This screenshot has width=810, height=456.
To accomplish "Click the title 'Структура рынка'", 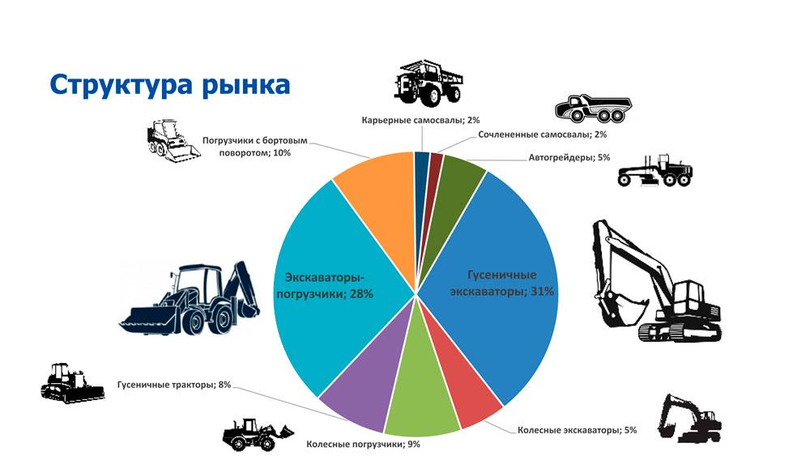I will pos(169,84).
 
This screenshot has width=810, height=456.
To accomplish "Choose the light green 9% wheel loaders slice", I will pos(421,409).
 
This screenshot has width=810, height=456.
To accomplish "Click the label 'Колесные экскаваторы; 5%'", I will pos(577,429).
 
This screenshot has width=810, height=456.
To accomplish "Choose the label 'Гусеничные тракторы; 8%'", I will pos(174,385).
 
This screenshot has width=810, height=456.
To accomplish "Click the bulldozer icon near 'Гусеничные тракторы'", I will pos(71,383).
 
